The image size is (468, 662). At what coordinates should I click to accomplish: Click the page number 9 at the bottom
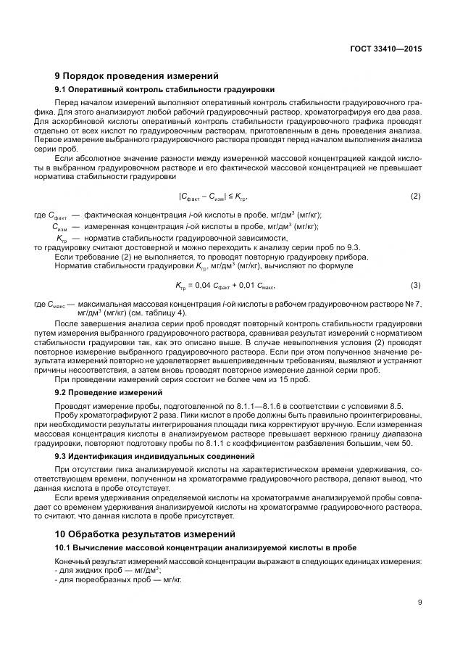tap(419, 601)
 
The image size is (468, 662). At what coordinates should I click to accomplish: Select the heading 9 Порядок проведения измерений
tap(136, 75)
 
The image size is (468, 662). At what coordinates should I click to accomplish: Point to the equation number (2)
tap(416, 196)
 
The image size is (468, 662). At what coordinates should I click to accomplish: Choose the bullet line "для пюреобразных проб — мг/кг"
tap(117, 580)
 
